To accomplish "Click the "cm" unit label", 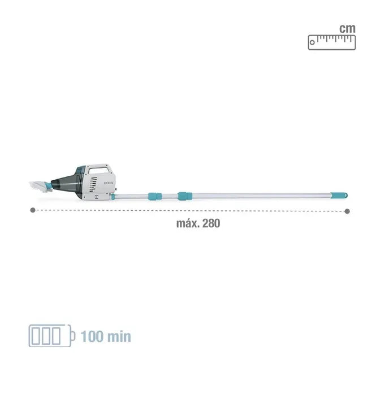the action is coord(347,28).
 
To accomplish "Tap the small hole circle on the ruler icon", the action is coord(312,42).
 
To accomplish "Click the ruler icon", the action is coord(332,42).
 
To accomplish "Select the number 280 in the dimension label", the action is coord(211,223).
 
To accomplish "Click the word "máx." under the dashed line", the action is coord(188,223).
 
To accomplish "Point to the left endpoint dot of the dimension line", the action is coord(33,210).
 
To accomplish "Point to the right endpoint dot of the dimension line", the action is coord(347,211).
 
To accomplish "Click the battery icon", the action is coord(51,336).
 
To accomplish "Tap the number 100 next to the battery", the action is coord(92,336).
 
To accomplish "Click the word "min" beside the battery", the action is coord(119,336).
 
